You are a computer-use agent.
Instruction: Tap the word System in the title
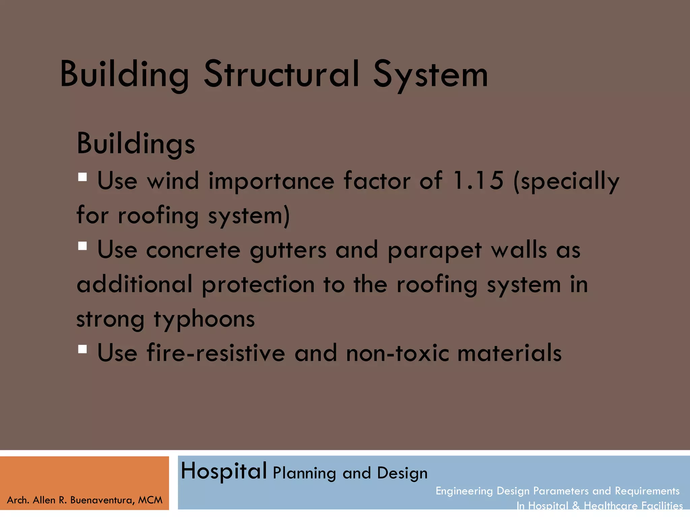(430, 76)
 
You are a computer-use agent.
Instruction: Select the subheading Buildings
(136, 144)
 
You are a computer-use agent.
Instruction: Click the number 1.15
(478, 181)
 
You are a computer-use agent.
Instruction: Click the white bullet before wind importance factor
(83, 177)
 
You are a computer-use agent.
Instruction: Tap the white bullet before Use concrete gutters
(83, 246)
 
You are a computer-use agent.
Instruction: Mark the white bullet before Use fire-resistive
(83, 349)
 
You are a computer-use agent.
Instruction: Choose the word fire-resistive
(216, 353)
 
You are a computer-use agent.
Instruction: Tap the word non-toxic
(398, 353)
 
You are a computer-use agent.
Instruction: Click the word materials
(509, 353)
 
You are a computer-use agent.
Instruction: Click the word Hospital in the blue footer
(224, 471)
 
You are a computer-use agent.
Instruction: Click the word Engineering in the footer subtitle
(464, 491)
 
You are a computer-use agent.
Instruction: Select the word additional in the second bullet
(134, 285)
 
